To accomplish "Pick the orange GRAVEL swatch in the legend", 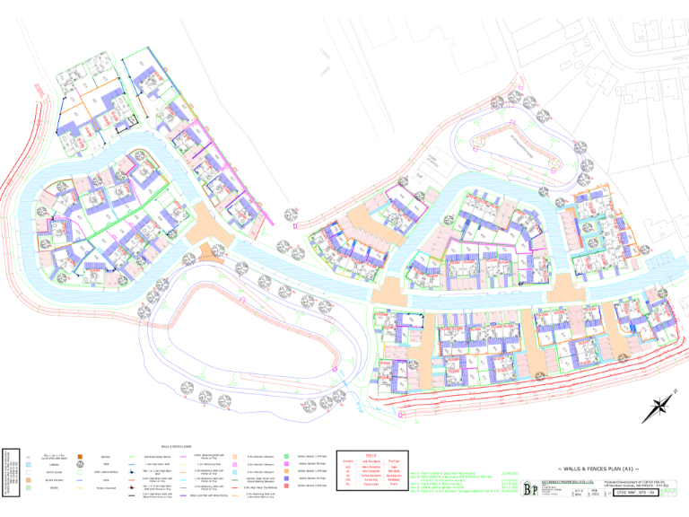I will [x=78, y=455].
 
